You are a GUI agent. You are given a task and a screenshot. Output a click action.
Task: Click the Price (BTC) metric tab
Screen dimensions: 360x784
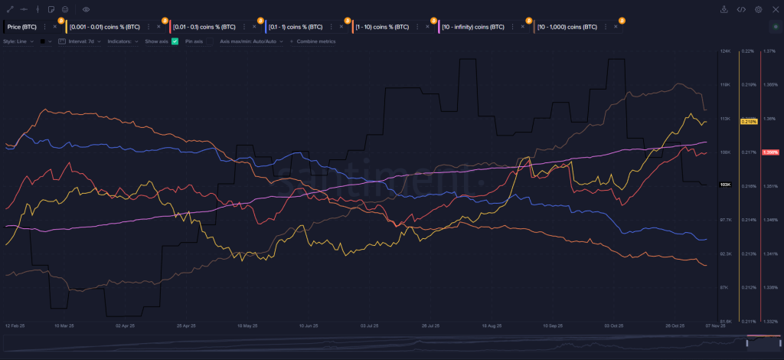(x=24, y=26)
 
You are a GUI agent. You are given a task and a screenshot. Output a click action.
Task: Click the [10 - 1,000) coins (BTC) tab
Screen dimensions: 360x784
(x=567, y=26)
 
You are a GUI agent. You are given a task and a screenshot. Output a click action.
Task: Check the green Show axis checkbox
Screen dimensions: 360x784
(x=175, y=41)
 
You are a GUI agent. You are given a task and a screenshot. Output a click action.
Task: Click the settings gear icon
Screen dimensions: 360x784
(x=758, y=9)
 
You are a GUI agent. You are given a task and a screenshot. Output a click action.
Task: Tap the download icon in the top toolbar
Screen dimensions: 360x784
(x=724, y=9)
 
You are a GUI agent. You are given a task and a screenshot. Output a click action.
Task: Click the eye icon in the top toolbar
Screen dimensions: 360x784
(x=86, y=9)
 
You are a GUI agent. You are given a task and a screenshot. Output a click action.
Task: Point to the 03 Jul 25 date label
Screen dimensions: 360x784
(x=370, y=326)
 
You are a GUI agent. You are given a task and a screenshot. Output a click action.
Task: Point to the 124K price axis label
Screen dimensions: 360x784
(x=725, y=51)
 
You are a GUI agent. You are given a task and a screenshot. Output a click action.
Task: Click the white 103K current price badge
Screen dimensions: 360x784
(x=726, y=185)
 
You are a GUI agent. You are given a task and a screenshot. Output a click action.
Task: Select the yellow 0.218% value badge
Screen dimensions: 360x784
(x=749, y=122)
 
